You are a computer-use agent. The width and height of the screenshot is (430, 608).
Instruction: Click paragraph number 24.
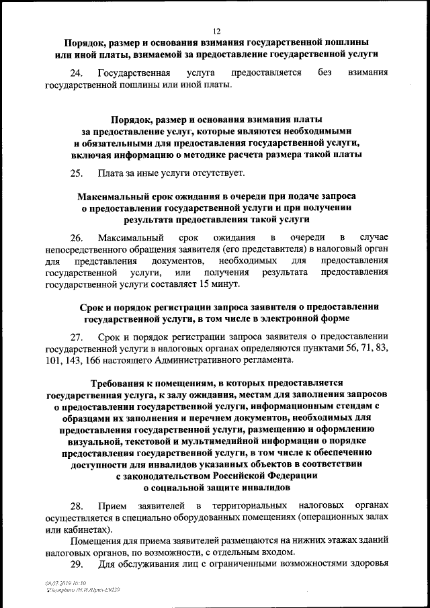(76, 73)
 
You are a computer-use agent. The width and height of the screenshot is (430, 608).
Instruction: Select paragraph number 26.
(76, 238)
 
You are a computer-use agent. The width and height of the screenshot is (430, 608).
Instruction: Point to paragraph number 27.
(76, 336)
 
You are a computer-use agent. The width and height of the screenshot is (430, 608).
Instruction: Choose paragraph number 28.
(76, 505)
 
